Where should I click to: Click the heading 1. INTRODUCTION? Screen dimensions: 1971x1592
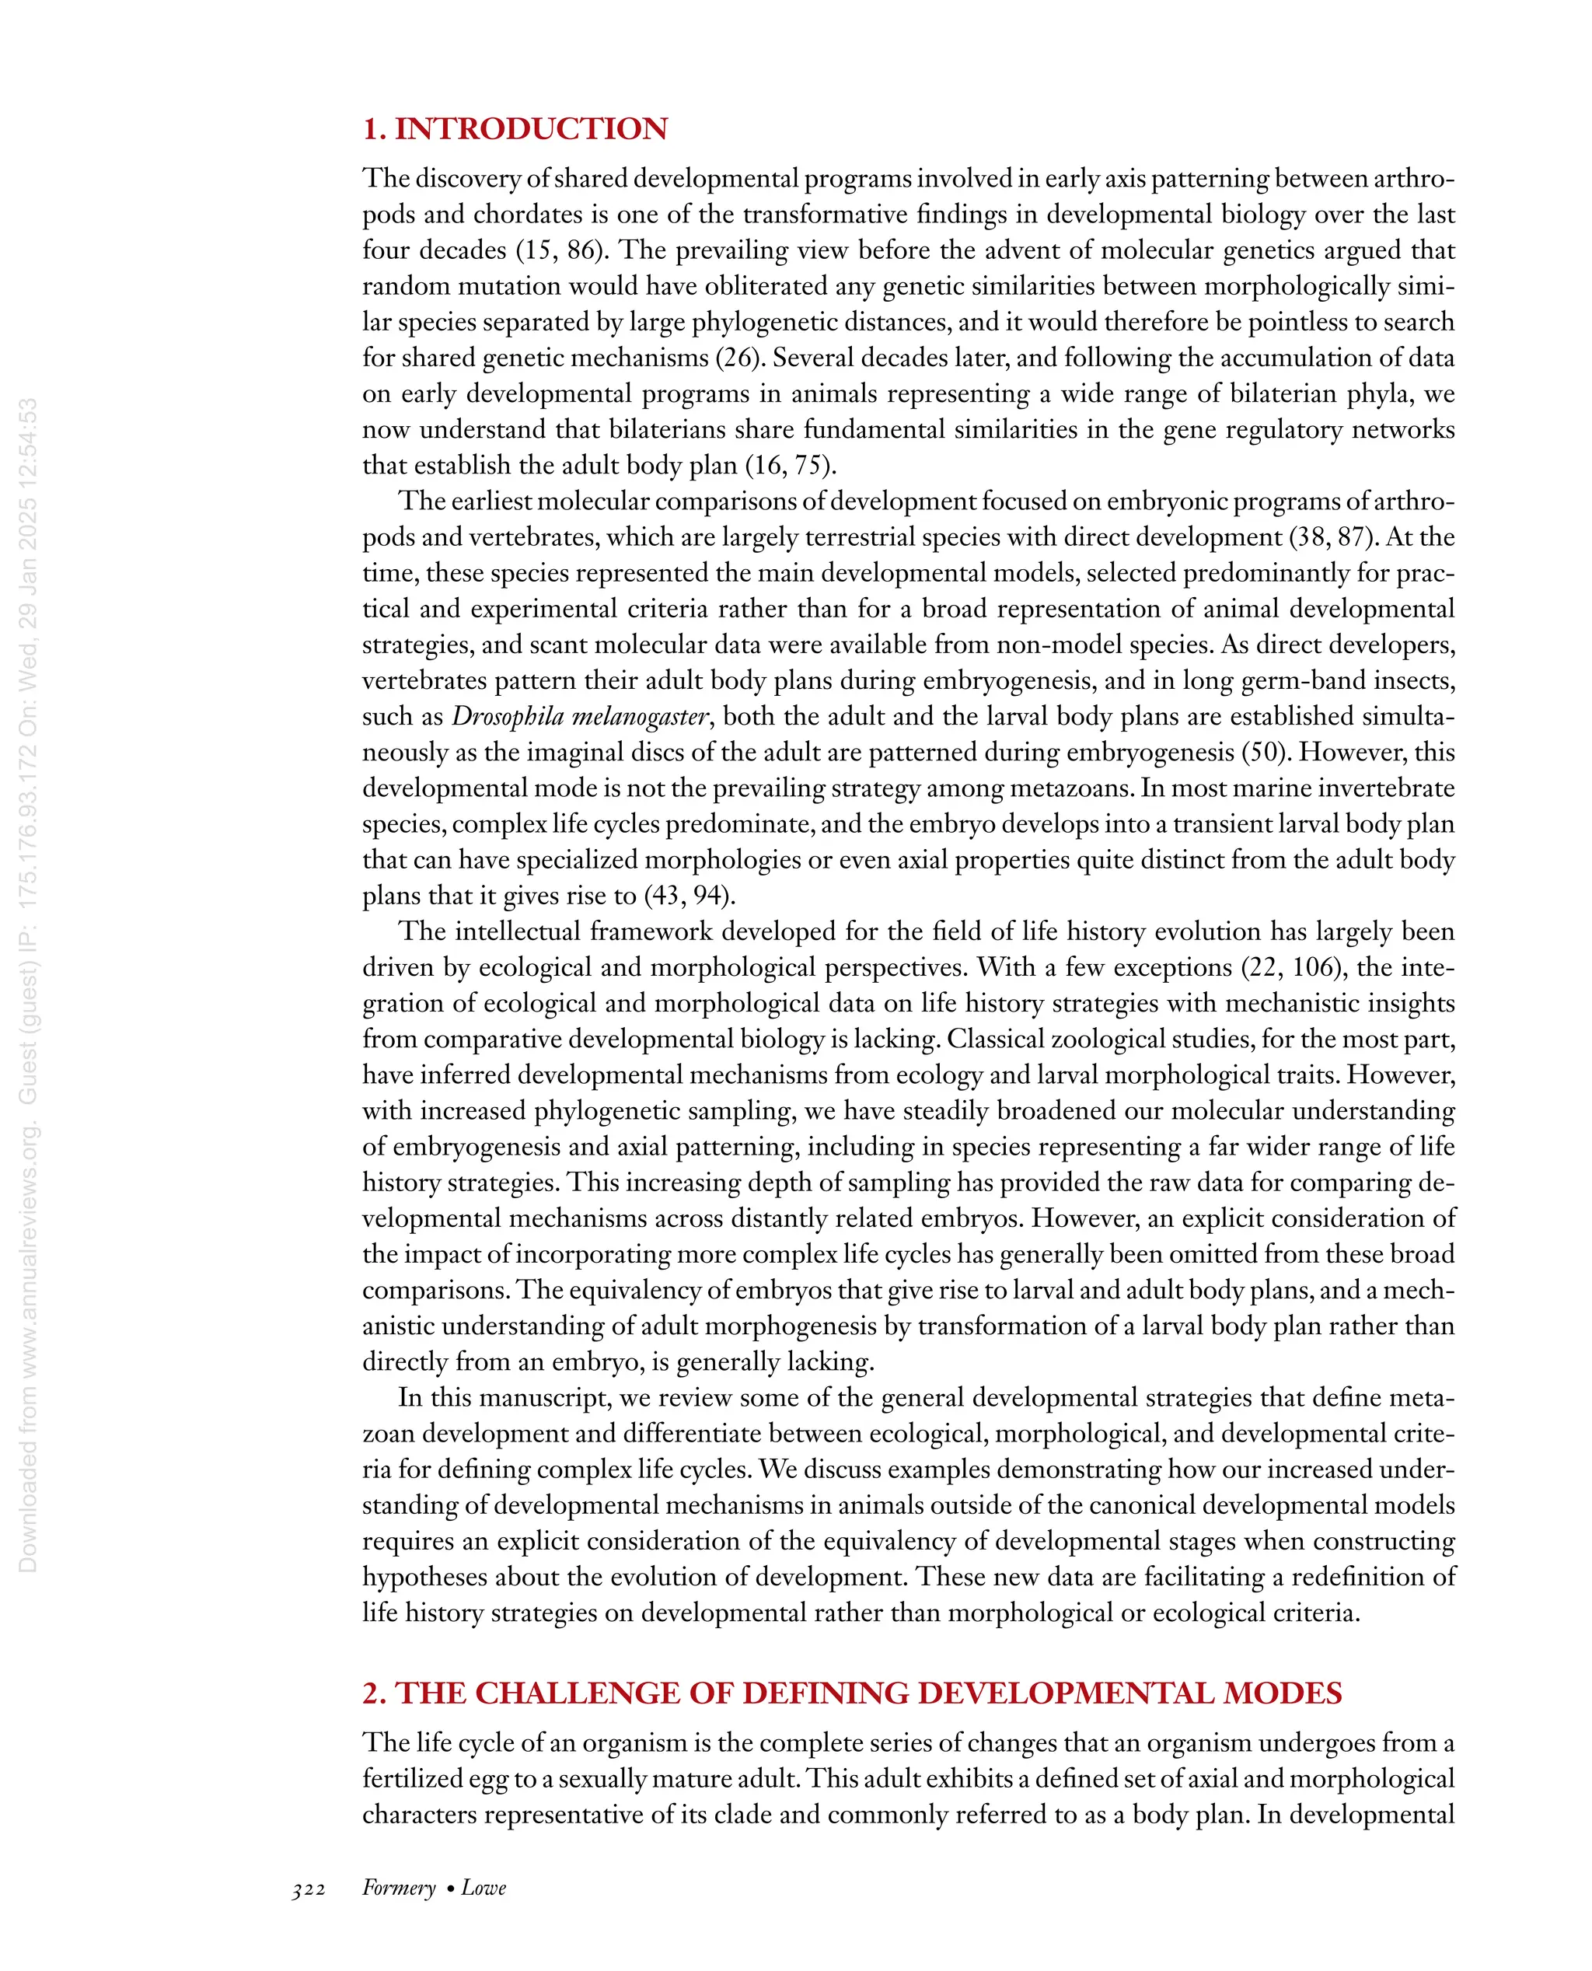[515, 128]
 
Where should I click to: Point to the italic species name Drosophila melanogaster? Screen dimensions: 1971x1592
[581, 716]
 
